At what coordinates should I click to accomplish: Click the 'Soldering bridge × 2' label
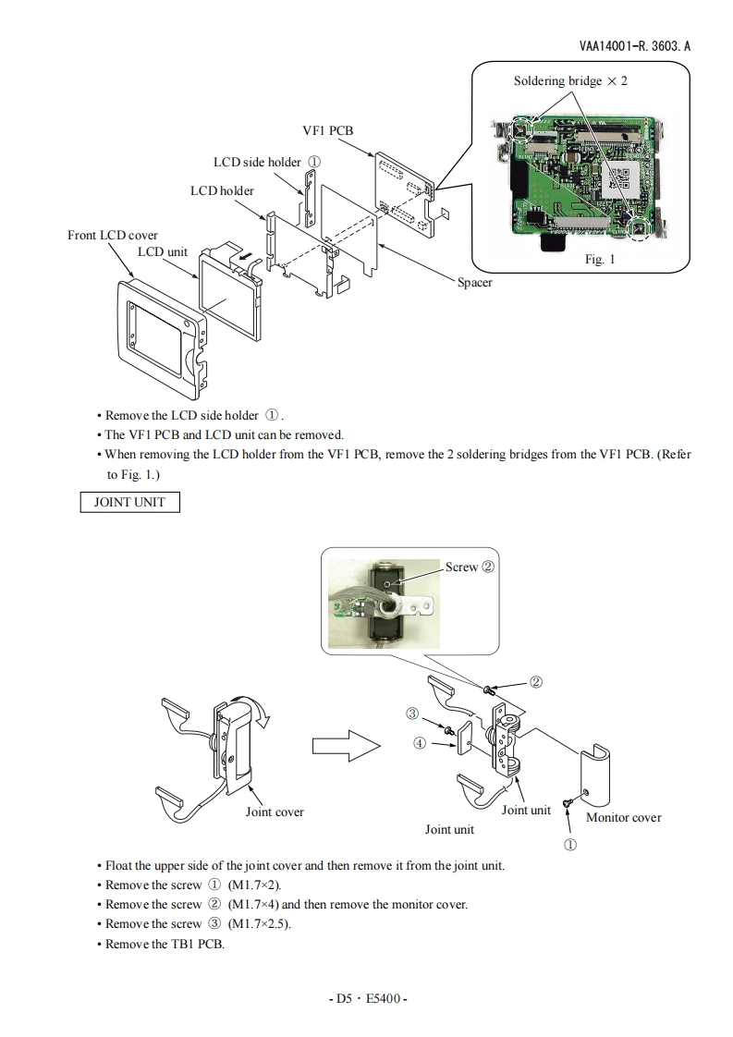coord(570,81)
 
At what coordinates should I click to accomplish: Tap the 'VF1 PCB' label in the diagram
coord(328,131)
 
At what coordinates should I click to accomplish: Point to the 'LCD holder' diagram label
coord(222,190)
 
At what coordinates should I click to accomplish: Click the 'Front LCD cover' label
coord(113,236)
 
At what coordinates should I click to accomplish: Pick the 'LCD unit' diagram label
coord(163,251)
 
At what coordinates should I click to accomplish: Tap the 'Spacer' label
coord(475,282)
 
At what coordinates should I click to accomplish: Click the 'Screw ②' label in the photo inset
coord(470,567)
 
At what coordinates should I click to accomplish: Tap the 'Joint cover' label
coord(275,812)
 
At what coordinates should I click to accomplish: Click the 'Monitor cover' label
coord(624,818)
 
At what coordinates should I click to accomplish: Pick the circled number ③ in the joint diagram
coord(413,714)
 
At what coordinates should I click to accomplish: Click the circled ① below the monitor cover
coord(570,845)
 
